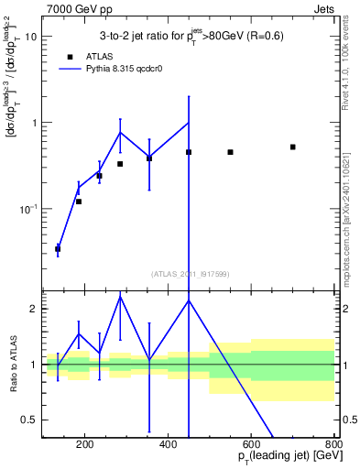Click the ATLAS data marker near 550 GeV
coord(230,152)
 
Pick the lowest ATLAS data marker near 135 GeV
coord(58,248)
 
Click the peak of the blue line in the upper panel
coord(189,123)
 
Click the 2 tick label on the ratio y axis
coord(35,309)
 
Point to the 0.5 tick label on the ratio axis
coord(31,420)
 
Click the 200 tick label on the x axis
coord(85,445)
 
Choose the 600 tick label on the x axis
coord(251,445)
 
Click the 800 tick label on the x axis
coord(332,445)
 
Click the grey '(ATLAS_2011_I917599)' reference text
coord(189,274)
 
